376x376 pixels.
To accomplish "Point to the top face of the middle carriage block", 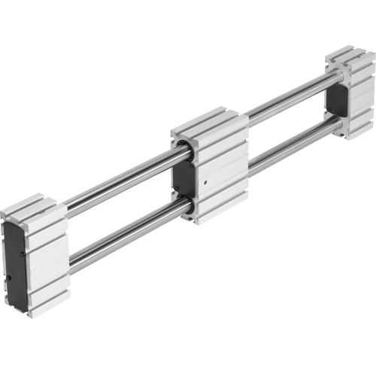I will pyautogui.click(x=210, y=123).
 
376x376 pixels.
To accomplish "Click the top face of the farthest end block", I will pyautogui.click(x=349, y=56).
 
